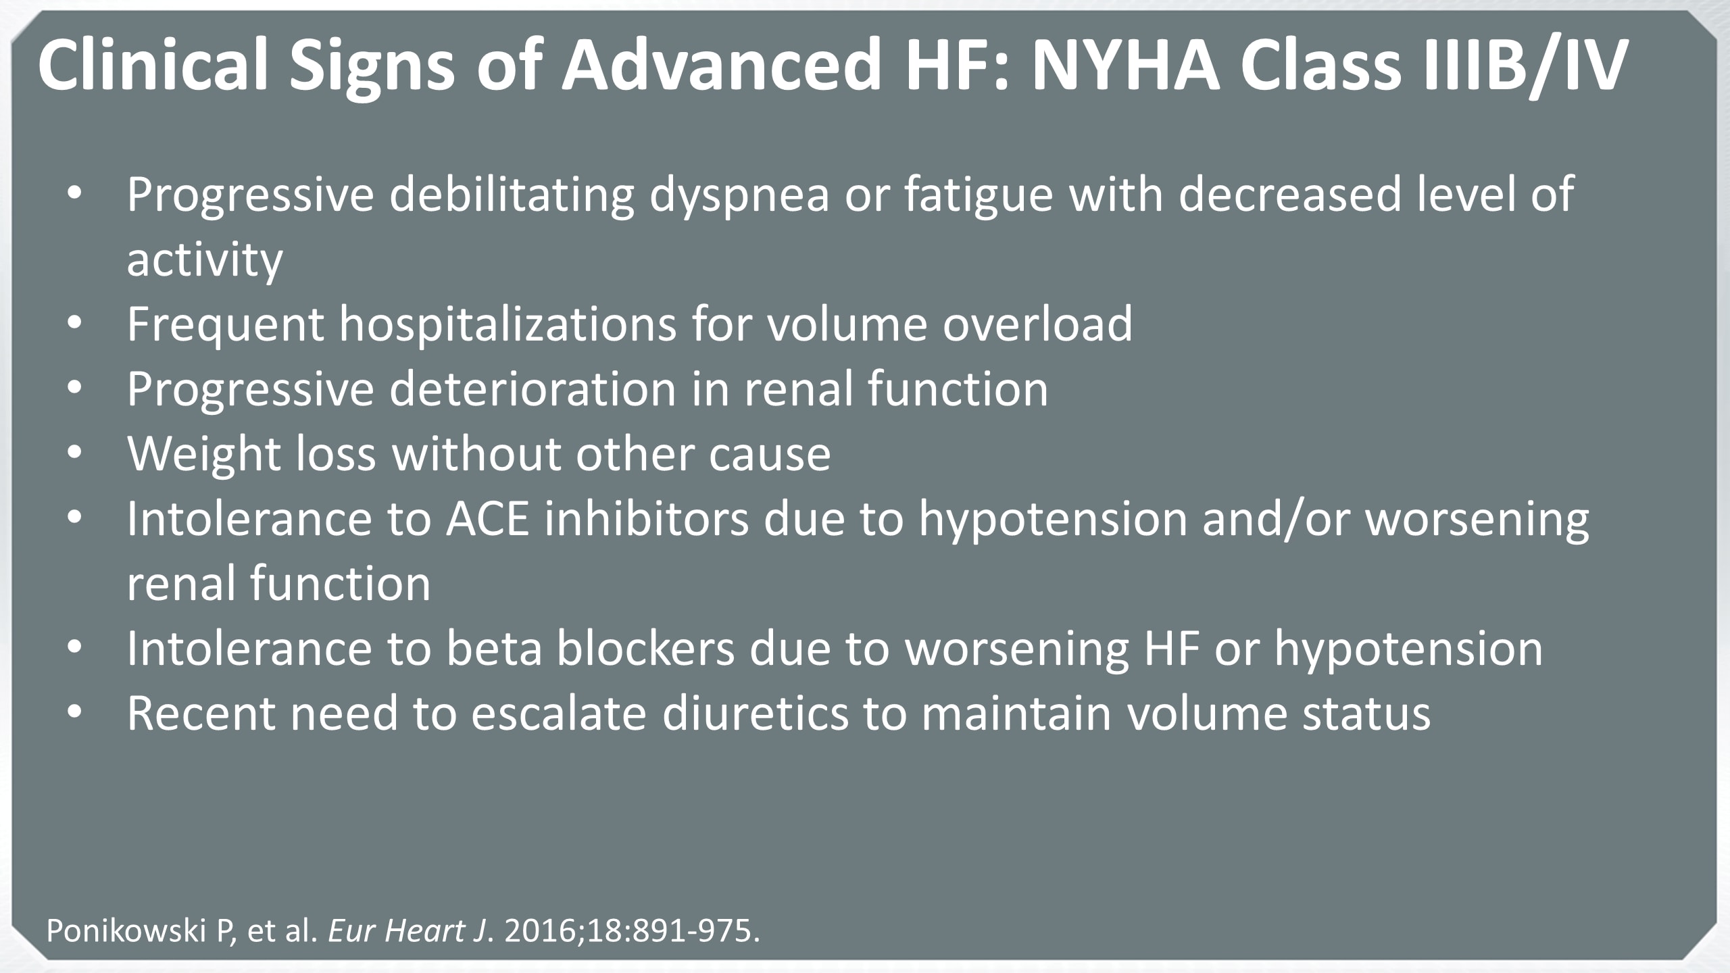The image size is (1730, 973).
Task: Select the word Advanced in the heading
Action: tap(722, 64)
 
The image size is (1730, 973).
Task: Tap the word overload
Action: tap(1037, 324)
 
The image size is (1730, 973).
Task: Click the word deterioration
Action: tap(533, 389)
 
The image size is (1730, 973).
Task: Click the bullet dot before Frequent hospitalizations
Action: tap(74, 325)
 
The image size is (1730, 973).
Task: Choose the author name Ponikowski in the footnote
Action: tap(126, 931)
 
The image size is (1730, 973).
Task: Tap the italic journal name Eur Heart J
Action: tap(407, 931)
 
